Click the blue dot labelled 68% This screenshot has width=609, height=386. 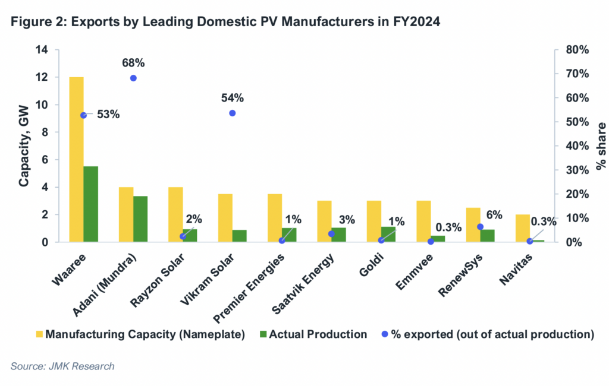133,78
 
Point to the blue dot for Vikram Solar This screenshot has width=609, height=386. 233,113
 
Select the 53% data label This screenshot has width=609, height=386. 109,115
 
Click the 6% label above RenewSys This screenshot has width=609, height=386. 495,214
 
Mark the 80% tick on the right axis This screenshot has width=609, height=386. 576,50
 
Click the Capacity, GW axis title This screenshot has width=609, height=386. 24,146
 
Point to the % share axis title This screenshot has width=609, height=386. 601,146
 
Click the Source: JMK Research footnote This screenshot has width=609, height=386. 62,366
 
